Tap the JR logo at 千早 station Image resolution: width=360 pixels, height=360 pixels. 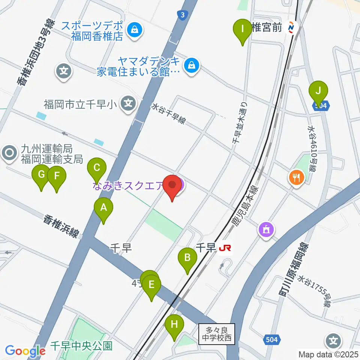coord(225,248)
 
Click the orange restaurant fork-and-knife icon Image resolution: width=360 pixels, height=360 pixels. coord(296,177)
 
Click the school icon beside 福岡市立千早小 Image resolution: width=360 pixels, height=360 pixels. coord(129,102)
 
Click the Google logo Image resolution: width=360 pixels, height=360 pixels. coord(25,351)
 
